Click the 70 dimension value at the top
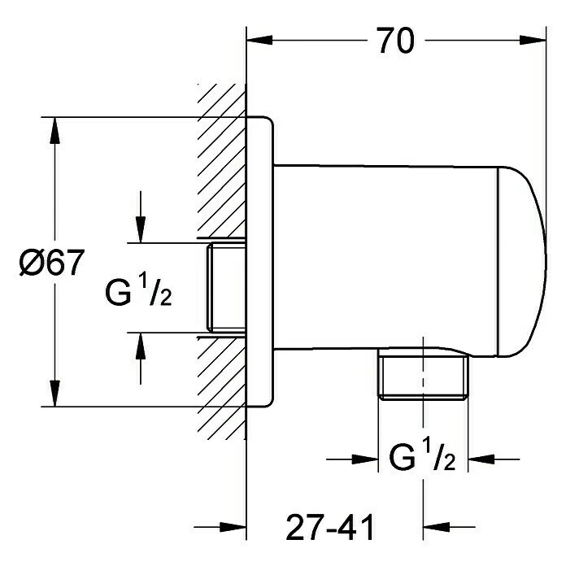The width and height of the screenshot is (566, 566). (x=395, y=40)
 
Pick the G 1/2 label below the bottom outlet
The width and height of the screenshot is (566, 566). (x=422, y=459)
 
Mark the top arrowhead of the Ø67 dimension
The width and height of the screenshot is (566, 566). (x=55, y=130)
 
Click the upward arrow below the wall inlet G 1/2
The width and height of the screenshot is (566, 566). (x=141, y=346)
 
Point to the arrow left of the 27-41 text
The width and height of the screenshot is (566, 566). (x=233, y=526)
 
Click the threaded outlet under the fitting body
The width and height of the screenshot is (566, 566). (x=424, y=377)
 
